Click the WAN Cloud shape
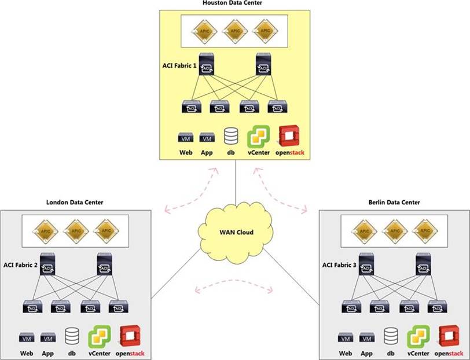coord(236,233)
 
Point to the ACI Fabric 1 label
coord(179,65)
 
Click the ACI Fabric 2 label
coord(20,266)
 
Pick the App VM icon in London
coord(48,338)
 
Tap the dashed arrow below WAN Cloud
coord(235,288)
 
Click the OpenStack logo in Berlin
coord(450,337)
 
